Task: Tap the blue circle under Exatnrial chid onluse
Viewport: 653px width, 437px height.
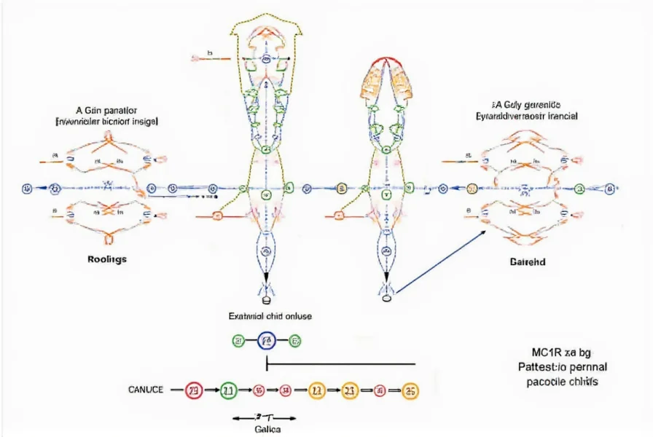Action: coord(267,340)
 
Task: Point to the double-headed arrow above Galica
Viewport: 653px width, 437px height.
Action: coord(263,418)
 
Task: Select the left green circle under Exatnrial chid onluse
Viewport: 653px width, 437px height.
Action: coord(238,340)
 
